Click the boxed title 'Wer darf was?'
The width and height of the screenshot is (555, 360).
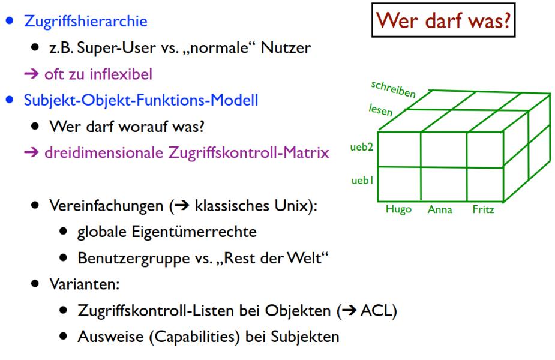(443, 23)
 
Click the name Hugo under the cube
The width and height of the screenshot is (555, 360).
(398, 211)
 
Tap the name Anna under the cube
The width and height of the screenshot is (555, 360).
(440, 211)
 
